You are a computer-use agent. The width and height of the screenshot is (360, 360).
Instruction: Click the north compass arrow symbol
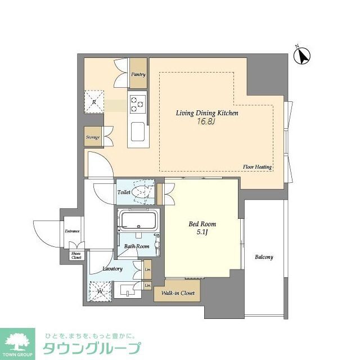point(304,55)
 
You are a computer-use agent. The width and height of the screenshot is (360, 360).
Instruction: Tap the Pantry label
point(138,74)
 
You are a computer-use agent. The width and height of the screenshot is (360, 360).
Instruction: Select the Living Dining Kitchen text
point(208,113)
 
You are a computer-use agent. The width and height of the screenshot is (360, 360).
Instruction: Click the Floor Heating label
point(258,167)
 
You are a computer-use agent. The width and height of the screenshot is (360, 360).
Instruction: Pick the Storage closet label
point(93,137)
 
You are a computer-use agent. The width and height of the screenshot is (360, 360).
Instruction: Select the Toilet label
point(124,192)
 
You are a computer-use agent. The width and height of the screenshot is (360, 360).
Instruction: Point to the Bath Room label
point(137,246)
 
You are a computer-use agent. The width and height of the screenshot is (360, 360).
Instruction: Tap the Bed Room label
point(202,224)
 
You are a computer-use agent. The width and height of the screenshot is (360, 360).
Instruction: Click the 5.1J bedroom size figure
point(202,233)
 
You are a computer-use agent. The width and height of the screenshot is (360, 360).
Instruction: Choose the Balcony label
point(264,257)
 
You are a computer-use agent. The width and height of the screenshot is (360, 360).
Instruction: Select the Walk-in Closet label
point(178,292)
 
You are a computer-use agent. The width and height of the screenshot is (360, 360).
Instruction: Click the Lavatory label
point(112,269)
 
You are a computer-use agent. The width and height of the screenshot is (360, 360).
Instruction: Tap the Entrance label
point(72,231)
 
